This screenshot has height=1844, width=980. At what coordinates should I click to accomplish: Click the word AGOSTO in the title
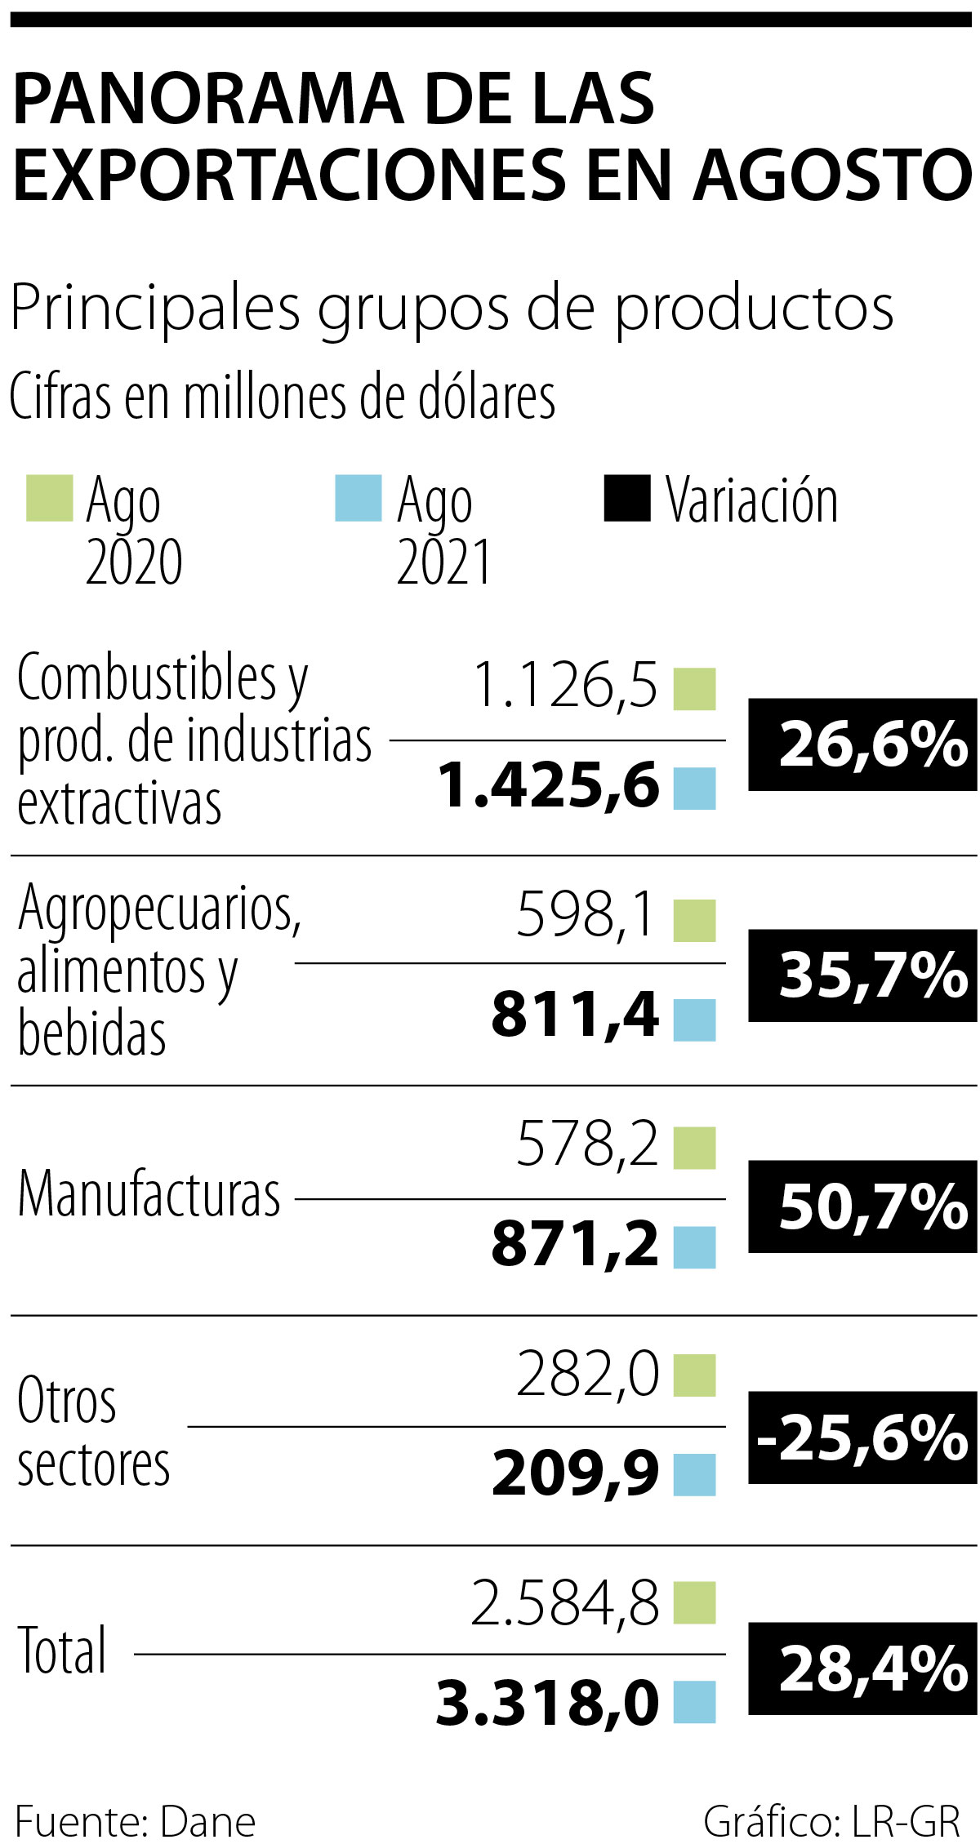pyautogui.click(x=833, y=176)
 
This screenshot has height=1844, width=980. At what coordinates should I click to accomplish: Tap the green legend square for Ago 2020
pyautogui.click(x=49, y=498)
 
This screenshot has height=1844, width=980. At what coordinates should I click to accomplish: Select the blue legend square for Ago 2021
pyautogui.click(x=359, y=498)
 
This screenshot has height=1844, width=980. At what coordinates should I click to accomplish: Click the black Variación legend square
pyautogui.click(x=627, y=498)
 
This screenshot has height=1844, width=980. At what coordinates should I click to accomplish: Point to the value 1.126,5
pyautogui.click(x=565, y=685)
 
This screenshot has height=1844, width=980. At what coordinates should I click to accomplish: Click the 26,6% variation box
pyautogui.click(x=862, y=744)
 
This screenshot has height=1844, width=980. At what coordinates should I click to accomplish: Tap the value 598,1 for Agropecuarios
pyautogui.click(x=586, y=914)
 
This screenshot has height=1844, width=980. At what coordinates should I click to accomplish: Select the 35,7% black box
pyautogui.click(x=862, y=975)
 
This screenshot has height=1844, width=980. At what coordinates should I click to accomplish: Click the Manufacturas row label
pyautogui.click(x=149, y=1194)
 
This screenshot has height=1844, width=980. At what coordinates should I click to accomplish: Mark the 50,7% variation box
pyautogui.click(x=862, y=1206)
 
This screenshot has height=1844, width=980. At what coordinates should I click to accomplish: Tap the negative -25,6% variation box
pyautogui.click(x=862, y=1437)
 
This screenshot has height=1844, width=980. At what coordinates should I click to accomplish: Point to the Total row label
pyautogui.click(x=63, y=1651)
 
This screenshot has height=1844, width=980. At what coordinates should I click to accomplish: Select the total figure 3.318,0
pyautogui.click(x=547, y=1703)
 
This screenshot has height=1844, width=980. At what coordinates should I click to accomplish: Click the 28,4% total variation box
pyautogui.click(x=862, y=1668)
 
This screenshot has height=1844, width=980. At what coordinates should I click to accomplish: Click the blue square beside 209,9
pyautogui.click(x=694, y=1475)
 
